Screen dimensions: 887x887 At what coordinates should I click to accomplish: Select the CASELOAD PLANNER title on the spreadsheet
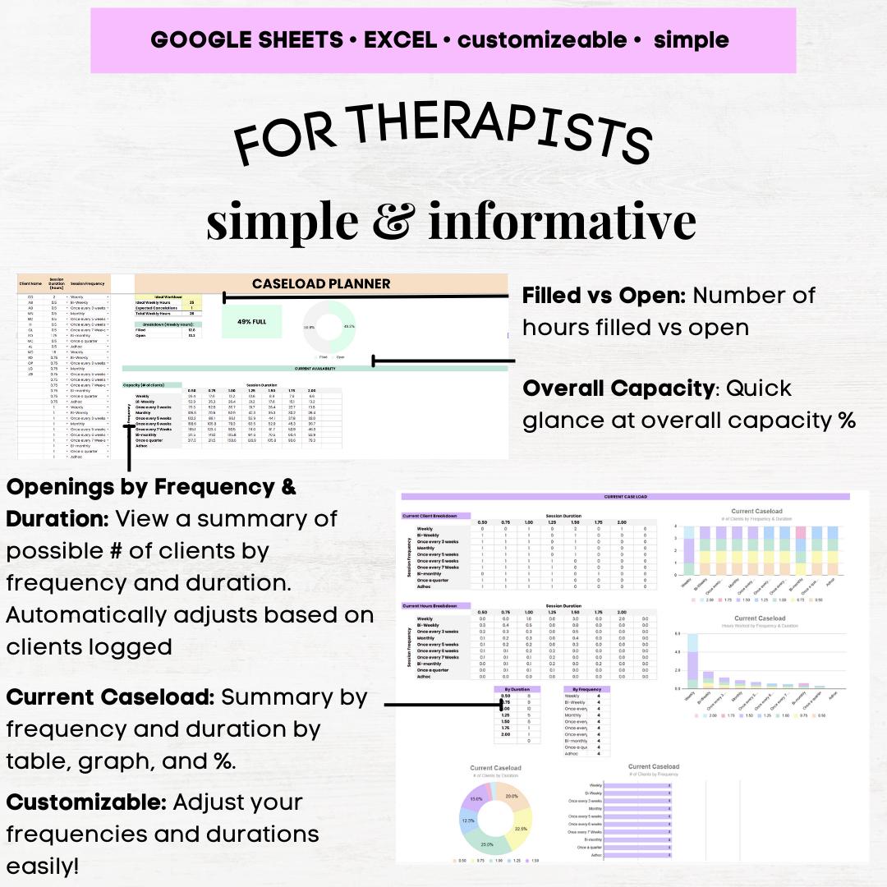(x=321, y=284)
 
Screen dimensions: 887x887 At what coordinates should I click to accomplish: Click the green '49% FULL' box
(x=251, y=321)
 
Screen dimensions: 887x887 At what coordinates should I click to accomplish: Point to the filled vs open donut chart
(x=329, y=326)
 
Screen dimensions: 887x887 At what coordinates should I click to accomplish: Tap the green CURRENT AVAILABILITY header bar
(x=315, y=369)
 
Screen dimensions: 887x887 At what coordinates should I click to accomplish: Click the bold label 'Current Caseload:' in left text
(x=111, y=697)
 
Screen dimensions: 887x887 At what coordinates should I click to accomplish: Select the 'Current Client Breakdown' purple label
(x=435, y=516)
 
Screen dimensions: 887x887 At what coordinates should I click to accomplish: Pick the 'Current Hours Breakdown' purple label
(x=435, y=605)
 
